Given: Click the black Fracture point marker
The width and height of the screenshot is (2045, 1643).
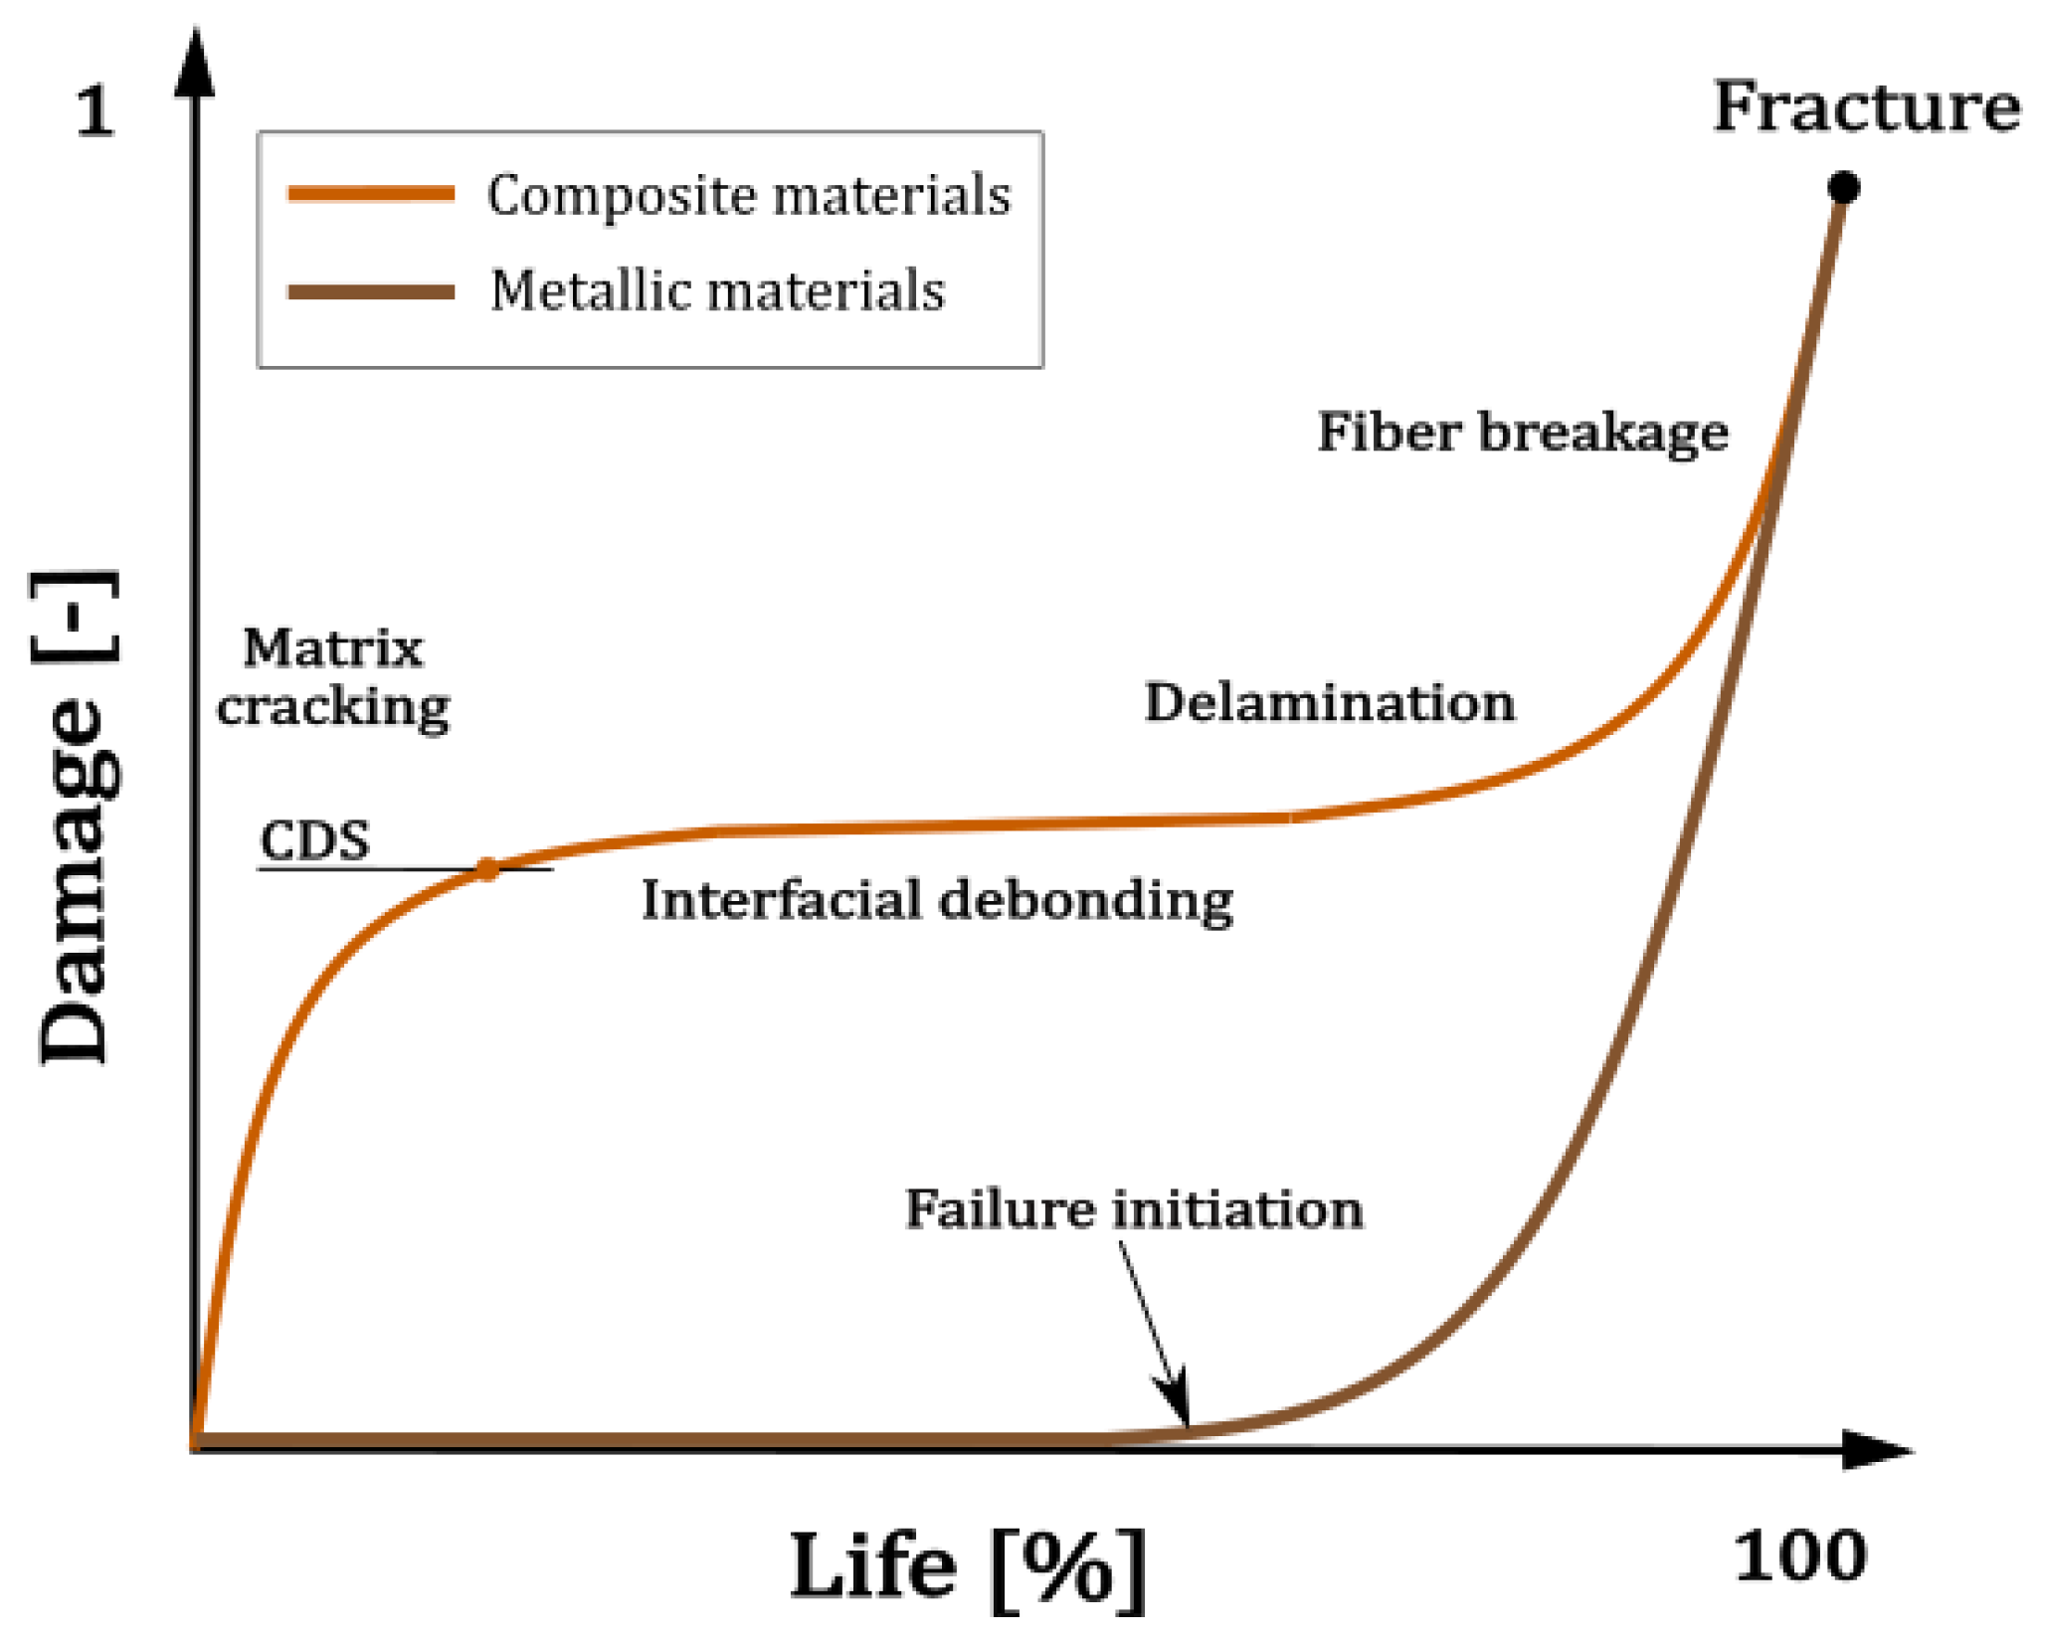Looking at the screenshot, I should coord(1843,187).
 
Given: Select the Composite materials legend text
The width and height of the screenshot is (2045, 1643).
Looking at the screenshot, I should coord(748,194).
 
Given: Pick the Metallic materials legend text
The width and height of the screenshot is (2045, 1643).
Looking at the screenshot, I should coord(717,290).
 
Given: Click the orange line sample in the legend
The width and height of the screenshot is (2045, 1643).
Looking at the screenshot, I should coord(371,193).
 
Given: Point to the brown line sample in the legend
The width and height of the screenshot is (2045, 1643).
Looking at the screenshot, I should coord(371,291).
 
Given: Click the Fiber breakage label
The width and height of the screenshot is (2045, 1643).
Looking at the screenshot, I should coord(1523,433).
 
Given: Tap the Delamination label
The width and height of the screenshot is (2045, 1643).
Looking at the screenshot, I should coord(1330,703).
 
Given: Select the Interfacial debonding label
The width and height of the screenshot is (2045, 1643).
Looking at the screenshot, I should coord(937,900).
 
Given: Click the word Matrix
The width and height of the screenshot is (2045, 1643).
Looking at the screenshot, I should coord(333,648).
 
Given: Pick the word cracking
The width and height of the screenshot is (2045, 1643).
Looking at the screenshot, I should coord(333,708).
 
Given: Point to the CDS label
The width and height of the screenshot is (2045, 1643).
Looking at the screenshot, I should coord(314,841).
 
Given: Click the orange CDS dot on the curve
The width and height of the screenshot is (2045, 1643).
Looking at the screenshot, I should coord(487,869).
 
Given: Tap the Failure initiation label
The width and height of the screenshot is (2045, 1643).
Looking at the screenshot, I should coord(1134,1210).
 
